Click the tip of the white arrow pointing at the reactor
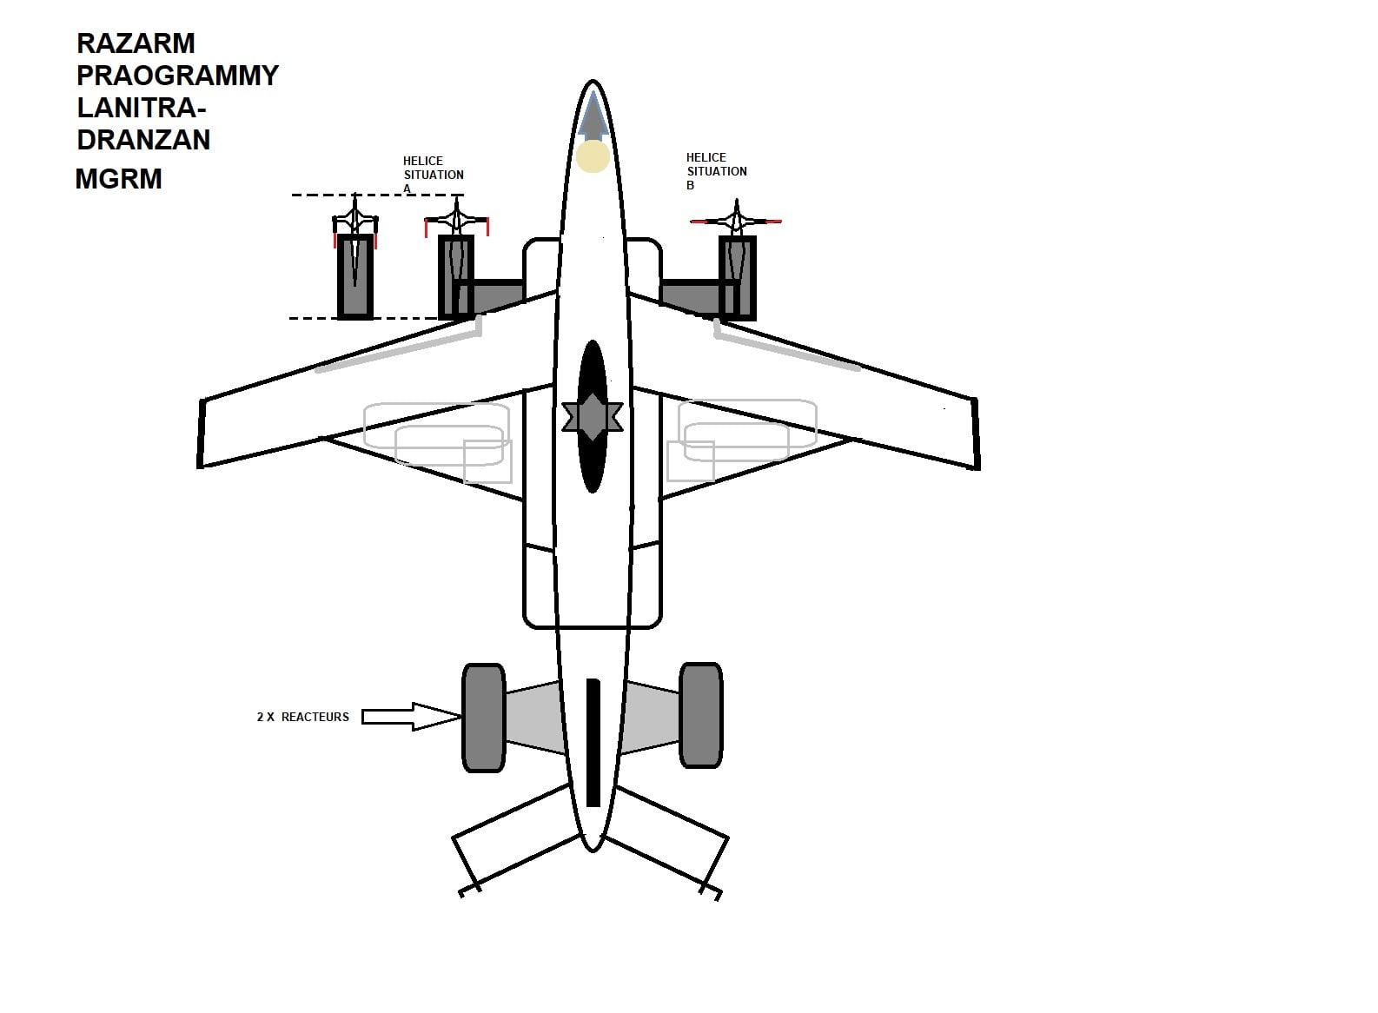(460, 716)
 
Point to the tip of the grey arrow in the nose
(593, 91)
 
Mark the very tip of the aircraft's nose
(593, 80)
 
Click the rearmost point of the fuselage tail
(593, 852)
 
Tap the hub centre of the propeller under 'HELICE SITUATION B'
(737, 220)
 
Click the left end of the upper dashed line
(292, 195)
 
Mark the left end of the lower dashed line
(289, 319)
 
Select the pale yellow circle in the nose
(593, 156)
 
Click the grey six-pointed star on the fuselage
(593, 417)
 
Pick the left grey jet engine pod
(484, 717)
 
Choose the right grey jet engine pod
(700, 715)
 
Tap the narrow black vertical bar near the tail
(593, 743)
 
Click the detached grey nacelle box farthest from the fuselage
(355, 276)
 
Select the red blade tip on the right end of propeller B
(774, 221)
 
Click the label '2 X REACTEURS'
(302, 717)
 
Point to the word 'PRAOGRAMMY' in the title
(178, 76)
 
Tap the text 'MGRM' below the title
(119, 179)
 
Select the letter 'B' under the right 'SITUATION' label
(690, 185)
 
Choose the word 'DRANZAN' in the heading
(143, 140)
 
